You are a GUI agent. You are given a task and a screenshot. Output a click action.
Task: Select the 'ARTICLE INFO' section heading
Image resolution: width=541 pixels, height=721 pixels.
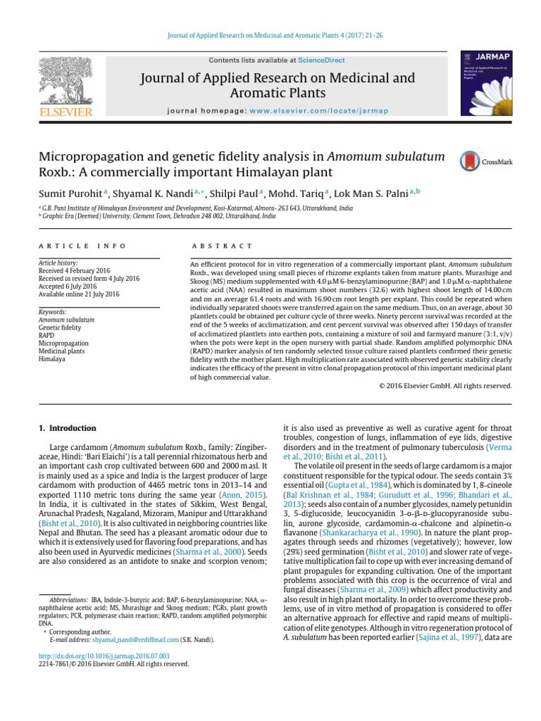tap(82, 246)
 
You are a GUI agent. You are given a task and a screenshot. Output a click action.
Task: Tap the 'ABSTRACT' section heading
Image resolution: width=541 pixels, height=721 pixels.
tap(221, 246)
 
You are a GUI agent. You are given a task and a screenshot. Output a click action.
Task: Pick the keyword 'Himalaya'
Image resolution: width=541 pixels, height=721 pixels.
tap(52, 358)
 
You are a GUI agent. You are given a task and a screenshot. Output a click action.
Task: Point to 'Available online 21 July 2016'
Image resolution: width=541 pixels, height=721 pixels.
tap(79, 294)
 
